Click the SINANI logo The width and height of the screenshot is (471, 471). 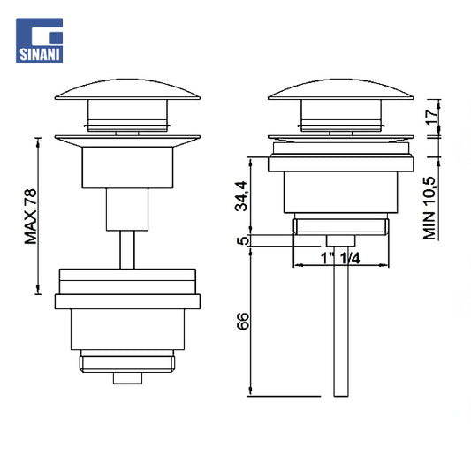tap(40, 41)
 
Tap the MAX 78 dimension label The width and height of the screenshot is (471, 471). tap(31, 217)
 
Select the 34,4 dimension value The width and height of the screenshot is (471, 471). tap(241, 196)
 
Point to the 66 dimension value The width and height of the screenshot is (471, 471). tap(242, 321)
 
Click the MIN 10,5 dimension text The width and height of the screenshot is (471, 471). tap(429, 209)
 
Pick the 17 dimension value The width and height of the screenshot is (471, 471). tap(431, 118)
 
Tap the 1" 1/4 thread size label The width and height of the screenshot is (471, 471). tap(340, 258)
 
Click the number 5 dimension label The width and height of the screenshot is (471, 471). tap(243, 240)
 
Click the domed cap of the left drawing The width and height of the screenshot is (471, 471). tap(127, 89)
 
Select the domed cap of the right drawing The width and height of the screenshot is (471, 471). tap(340, 89)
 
